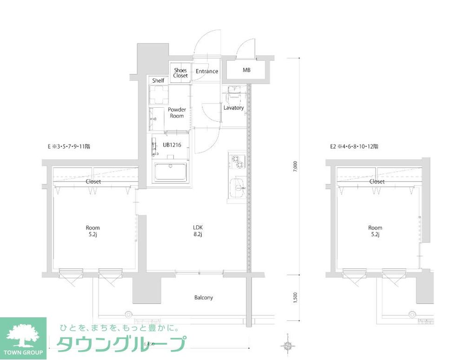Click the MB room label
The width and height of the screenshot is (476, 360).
[x=246, y=71]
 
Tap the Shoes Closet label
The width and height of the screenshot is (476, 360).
[x=180, y=73]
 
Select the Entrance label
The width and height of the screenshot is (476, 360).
[x=207, y=71]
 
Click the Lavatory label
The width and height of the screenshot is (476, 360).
[x=233, y=108]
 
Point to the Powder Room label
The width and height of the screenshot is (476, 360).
[x=177, y=113]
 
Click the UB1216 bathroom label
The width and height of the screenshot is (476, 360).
[x=172, y=144]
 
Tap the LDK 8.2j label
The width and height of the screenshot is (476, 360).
[x=198, y=231]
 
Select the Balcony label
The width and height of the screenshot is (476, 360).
[x=204, y=297]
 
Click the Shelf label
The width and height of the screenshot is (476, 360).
[x=158, y=81]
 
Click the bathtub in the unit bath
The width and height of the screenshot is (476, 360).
[x=171, y=172]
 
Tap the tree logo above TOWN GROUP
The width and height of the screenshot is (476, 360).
[x=23, y=334]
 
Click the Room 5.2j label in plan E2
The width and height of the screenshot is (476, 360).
[x=375, y=231]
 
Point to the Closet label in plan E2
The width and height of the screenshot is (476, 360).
[x=377, y=182]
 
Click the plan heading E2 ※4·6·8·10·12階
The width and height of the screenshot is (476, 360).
[x=354, y=146]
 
